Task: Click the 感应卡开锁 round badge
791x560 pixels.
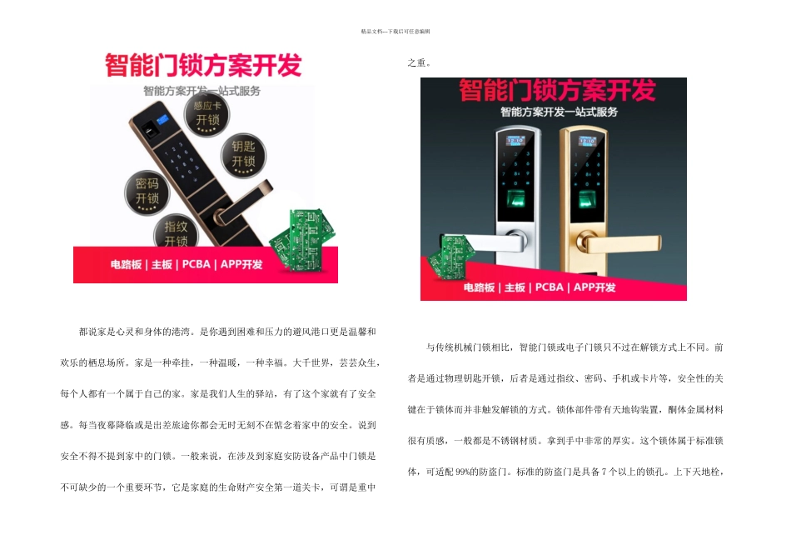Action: coord(206,114)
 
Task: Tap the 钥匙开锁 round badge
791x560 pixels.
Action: coord(242,154)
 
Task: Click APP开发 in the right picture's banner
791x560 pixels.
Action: coord(593,287)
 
